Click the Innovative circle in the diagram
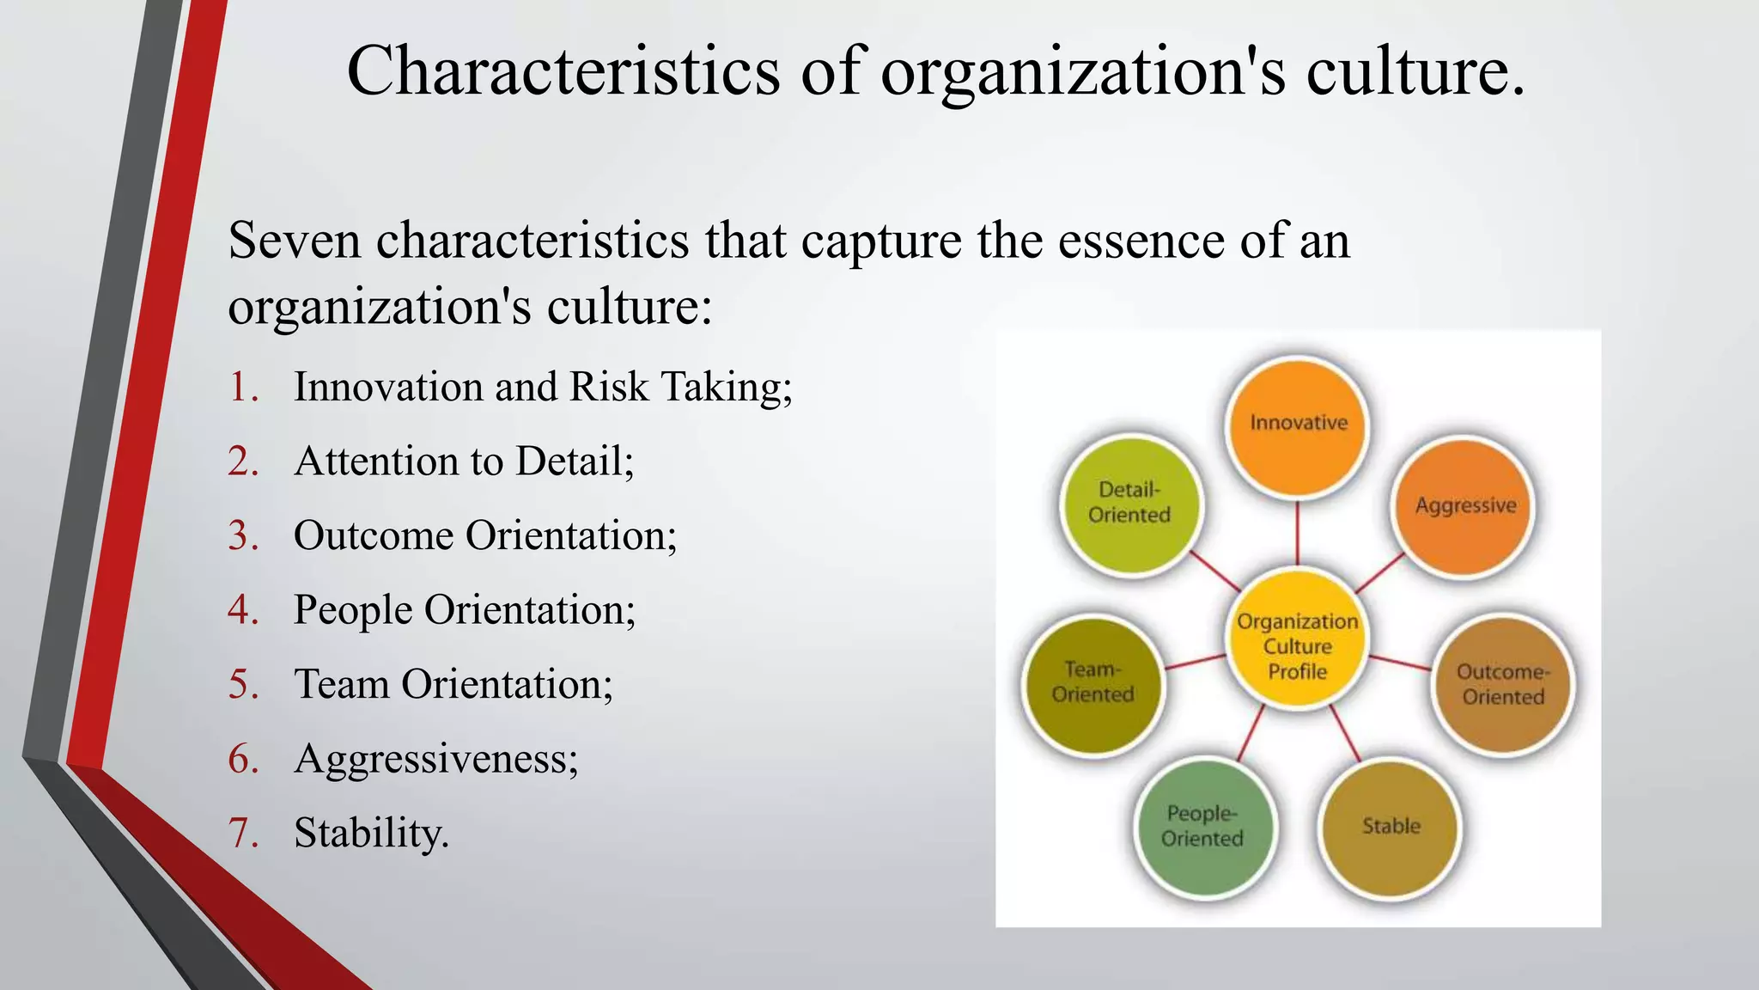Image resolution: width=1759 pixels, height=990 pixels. point(1298,427)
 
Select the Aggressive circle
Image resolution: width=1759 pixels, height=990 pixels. point(1464,507)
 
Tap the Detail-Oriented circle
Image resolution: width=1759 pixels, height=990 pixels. point(1130,504)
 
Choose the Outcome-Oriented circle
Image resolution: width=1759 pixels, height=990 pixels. point(1503,685)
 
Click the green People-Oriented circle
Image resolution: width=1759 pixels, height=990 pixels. point(1202,827)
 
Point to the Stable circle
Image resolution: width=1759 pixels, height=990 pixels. point(1391,828)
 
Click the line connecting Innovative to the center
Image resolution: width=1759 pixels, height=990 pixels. point(1298,534)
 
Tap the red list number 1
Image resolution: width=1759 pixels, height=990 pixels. point(243,388)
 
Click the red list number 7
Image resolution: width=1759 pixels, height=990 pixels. point(243,833)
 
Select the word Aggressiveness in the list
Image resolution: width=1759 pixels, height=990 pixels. point(433,759)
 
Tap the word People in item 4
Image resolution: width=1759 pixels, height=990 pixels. point(352,610)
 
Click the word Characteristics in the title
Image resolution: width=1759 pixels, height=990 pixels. point(563,70)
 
